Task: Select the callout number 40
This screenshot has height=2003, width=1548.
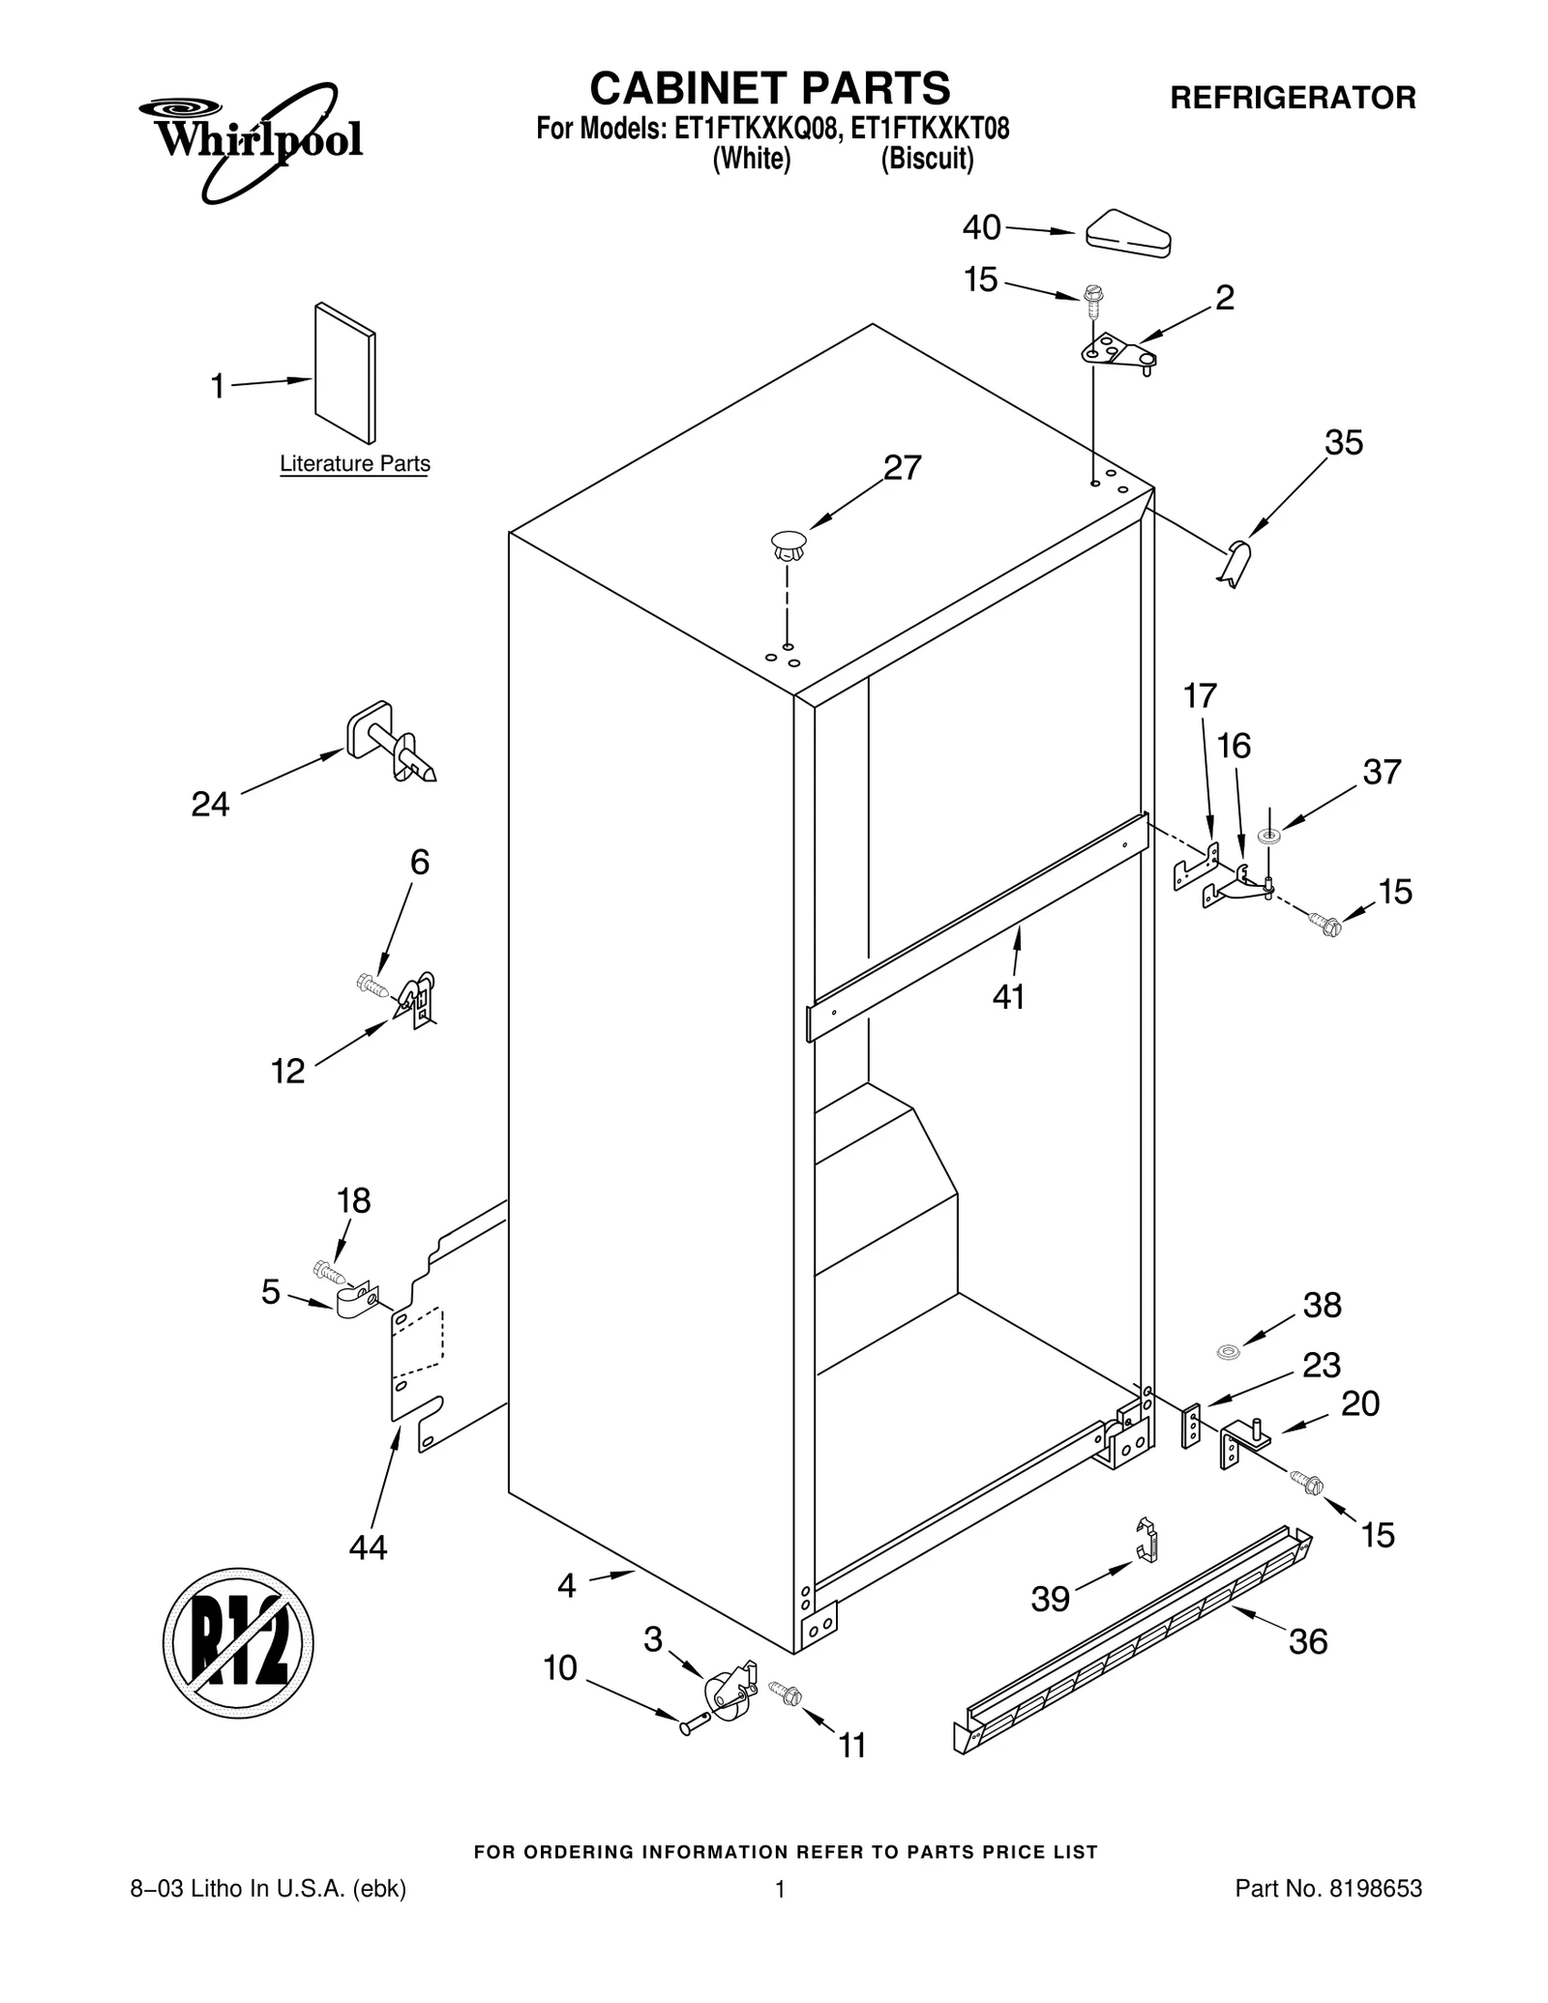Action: [981, 228]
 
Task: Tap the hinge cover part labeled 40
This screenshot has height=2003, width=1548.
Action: [1128, 234]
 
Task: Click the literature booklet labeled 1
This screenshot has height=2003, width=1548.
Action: [344, 372]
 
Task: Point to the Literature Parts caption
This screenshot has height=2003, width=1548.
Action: [355, 464]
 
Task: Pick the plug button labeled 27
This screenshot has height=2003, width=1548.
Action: [789, 547]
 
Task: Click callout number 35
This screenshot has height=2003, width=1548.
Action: [1343, 443]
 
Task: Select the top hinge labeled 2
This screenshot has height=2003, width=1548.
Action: [1117, 353]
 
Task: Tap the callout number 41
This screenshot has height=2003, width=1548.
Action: [1008, 996]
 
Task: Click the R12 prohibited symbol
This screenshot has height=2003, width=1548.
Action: [238, 1643]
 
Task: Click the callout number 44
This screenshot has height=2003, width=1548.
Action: [368, 1547]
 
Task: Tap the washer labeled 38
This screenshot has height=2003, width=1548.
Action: [1228, 1350]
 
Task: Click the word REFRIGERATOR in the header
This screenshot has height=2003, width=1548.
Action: [1293, 98]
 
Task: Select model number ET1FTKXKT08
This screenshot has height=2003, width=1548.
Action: [929, 129]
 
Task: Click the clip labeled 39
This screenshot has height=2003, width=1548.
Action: [1146, 1540]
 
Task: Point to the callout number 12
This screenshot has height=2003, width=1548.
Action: [287, 1071]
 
